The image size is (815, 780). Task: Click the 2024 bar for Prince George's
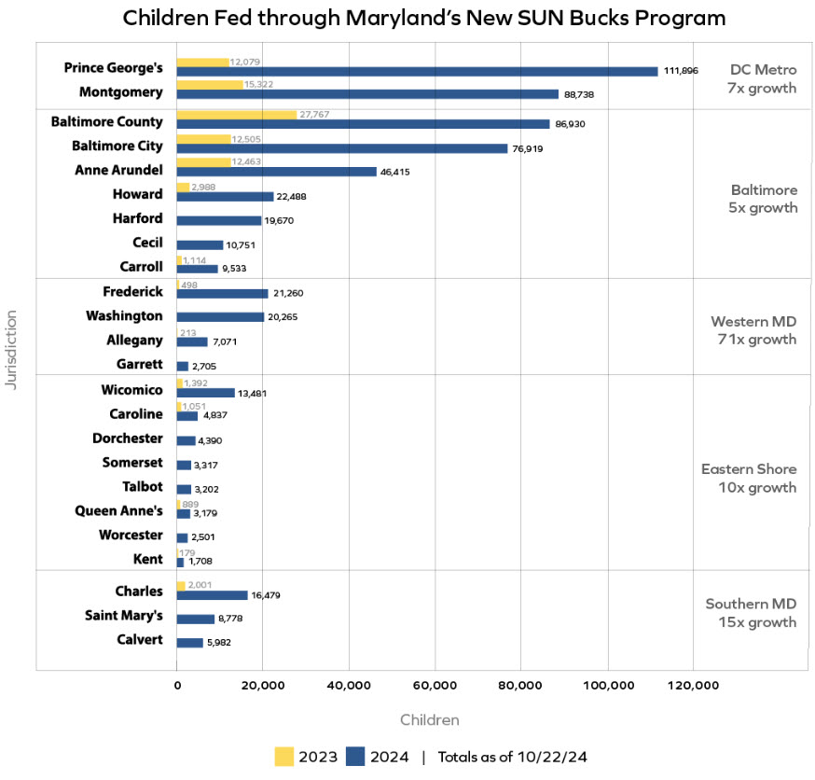click(417, 71)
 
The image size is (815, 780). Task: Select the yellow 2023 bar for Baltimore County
click(236, 115)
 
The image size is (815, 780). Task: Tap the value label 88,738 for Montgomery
click(579, 94)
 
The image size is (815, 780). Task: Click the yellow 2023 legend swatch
click(284, 757)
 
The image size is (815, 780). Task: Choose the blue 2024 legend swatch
click(354, 757)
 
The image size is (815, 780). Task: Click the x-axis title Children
click(429, 720)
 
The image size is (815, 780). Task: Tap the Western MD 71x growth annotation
click(753, 330)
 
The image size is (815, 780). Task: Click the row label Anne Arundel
click(118, 170)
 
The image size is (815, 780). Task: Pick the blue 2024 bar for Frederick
click(222, 293)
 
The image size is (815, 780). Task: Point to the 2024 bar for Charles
click(212, 595)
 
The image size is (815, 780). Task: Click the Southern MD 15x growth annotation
click(752, 613)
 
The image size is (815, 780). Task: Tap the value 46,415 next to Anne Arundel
click(394, 172)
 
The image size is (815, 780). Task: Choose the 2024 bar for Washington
click(220, 317)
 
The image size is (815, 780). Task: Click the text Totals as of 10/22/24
click(512, 757)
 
